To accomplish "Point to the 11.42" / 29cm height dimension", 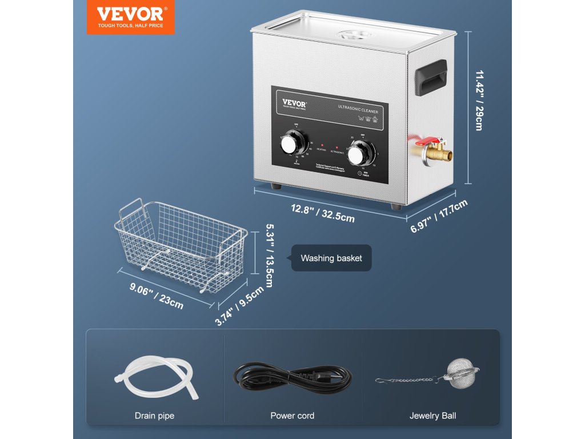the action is [x=478, y=100].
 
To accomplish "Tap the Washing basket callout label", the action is [x=331, y=258].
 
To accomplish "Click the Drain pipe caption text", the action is [x=154, y=416].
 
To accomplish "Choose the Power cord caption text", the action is [x=292, y=416].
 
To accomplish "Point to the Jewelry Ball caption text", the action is [x=432, y=416].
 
